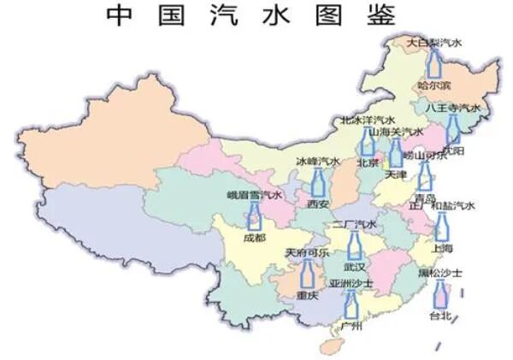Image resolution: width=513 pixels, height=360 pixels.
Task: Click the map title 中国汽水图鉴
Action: [x=251, y=15]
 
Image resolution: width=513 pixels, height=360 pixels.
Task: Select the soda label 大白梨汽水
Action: [x=433, y=41]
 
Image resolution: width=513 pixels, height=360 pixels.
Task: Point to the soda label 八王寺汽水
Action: [x=454, y=109]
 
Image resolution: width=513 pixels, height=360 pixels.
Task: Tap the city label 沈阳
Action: [x=454, y=150]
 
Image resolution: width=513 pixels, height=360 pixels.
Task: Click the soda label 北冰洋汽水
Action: [x=368, y=121]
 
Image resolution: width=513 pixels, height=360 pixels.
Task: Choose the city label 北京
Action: [x=368, y=162]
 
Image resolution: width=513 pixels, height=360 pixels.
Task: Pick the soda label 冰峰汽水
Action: [x=318, y=161]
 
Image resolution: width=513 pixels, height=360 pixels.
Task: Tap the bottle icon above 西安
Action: [x=318, y=181]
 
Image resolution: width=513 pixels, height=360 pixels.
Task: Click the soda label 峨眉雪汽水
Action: [x=254, y=196]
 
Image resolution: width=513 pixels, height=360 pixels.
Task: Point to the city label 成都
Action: [x=254, y=237]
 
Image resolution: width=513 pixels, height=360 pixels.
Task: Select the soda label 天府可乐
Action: [x=307, y=253]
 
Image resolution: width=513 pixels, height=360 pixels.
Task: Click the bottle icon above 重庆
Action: [x=307, y=274]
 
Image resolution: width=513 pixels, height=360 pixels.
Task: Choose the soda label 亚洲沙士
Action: [x=351, y=283]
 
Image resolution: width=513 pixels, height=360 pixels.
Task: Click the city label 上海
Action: [x=442, y=247]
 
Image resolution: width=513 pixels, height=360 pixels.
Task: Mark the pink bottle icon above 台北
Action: [x=440, y=296]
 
